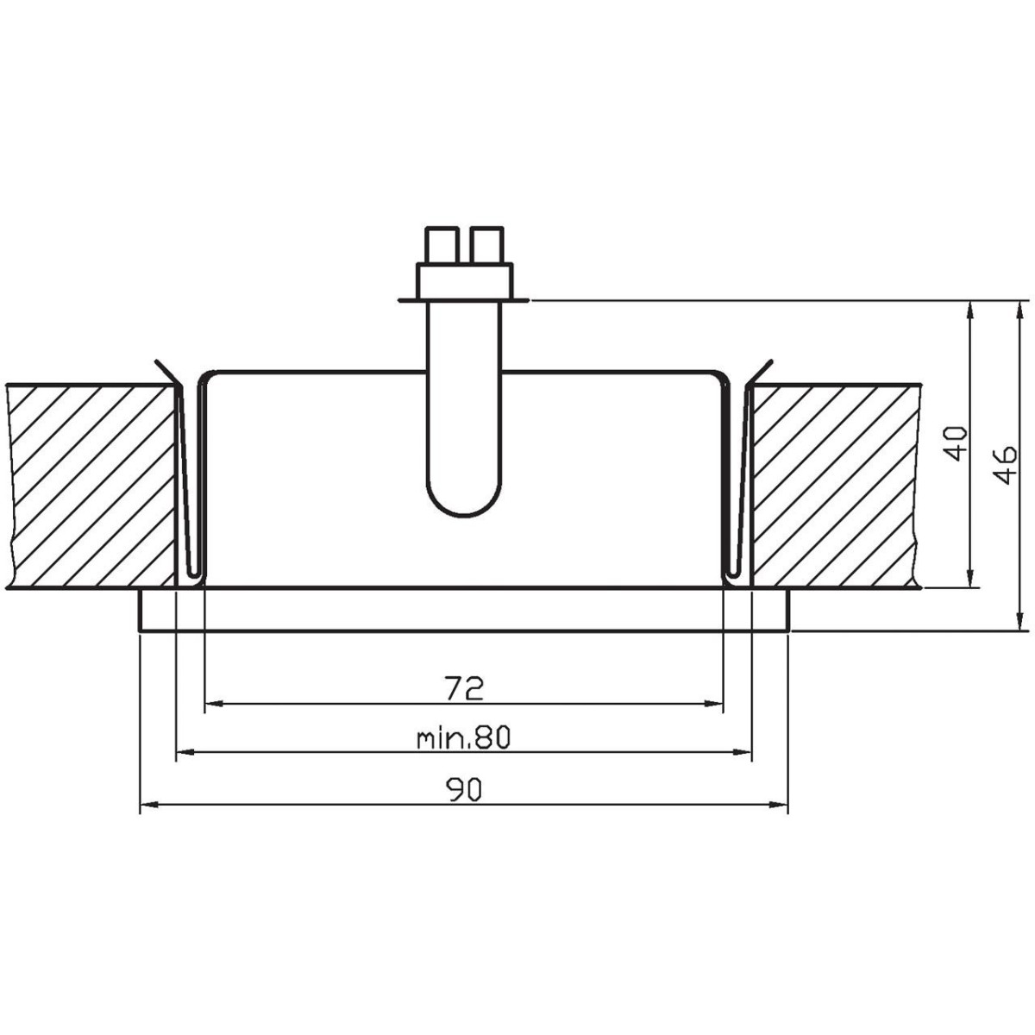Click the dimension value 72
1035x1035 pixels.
[463, 688]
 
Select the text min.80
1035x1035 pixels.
[463, 738]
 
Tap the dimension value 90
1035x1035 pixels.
[463, 789]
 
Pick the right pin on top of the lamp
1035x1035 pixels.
[488, 244]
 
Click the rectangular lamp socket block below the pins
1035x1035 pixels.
[464, 279]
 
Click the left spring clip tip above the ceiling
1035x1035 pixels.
[158, 362]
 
